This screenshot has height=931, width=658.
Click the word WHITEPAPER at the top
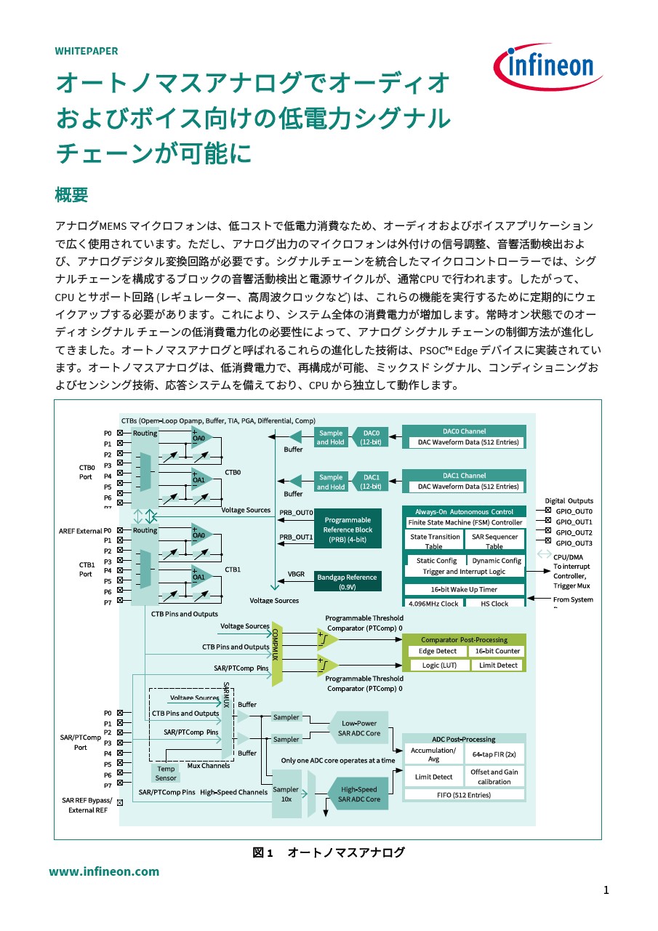point(87,51)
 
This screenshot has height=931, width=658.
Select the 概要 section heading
point(71,195)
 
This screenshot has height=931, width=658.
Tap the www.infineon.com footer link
point(104,871)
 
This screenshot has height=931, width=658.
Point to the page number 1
point(606,890)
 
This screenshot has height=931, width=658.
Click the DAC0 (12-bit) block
point(371,437)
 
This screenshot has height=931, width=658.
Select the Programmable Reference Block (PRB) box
point(348,530)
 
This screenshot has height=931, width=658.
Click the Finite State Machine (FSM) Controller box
point(465,522)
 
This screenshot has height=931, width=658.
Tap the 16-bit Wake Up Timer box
point(465,589)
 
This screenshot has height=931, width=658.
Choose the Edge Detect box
point(438,652)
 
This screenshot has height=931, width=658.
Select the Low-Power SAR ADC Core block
point(359,728)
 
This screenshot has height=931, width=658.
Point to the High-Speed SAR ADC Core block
point(358,794)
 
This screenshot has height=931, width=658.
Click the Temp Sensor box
point(166,773)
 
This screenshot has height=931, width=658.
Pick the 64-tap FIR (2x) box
point(494,755)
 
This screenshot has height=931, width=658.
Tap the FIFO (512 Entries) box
point(464,795)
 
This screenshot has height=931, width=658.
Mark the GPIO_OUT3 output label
point(574,543)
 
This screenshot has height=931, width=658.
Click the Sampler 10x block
point(286,794)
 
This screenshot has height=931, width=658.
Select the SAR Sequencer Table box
point(494,541)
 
